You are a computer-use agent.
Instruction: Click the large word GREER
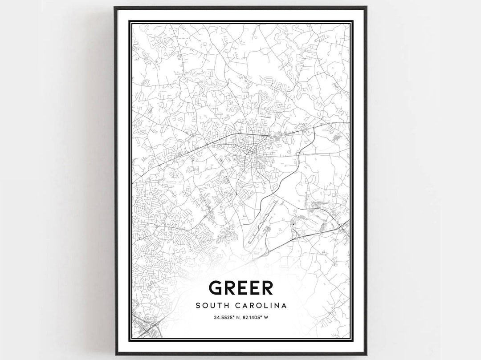pyautogui.click(x=240, y=288)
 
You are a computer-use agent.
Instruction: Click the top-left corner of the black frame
pyautogui.click(x=115, y=8)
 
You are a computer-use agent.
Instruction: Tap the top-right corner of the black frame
pyautogui.click(x=366, y=8)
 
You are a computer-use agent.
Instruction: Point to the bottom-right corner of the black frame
pyautogui.click(x=366, y=354)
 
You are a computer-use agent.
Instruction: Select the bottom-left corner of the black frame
pyautogui.click(x=115, y=354)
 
